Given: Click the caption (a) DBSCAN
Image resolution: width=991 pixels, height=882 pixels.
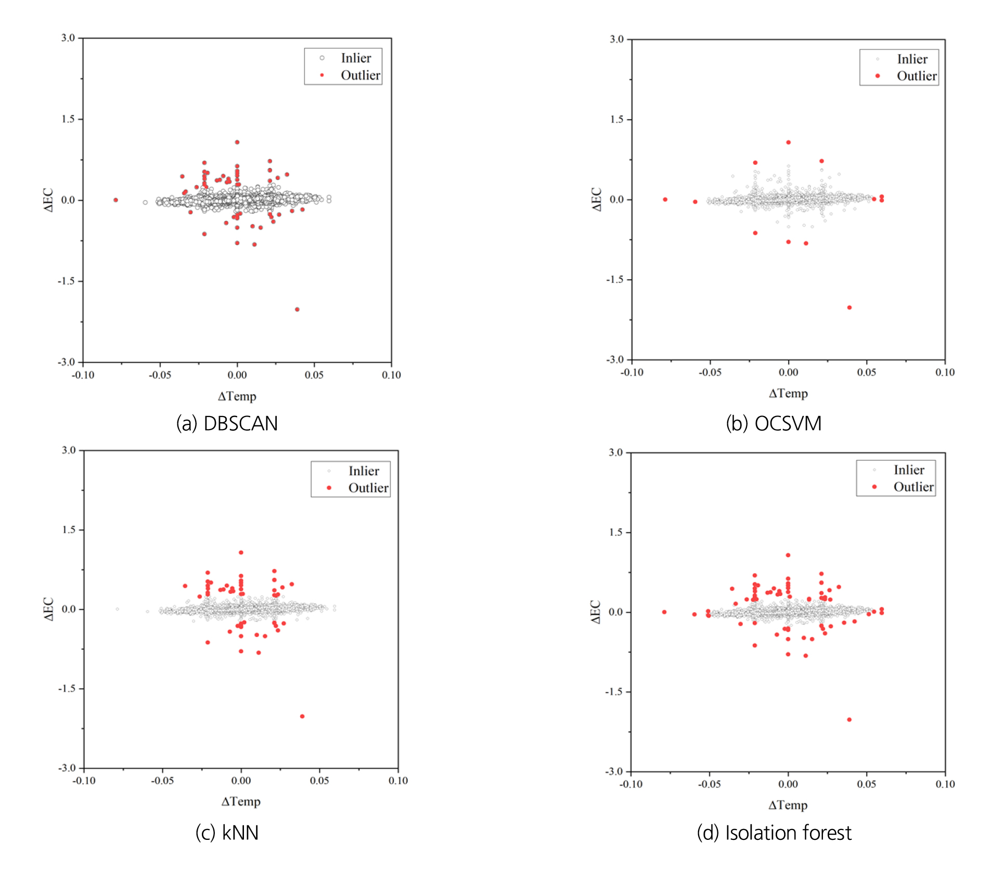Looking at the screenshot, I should (x=227, y=423).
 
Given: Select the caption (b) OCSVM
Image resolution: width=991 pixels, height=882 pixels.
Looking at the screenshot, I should (x=774, y=423).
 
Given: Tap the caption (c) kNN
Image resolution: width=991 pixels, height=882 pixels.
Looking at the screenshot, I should (x=227, y=833).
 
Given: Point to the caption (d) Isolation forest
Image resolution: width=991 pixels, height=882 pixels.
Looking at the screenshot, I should (x=774, y=833).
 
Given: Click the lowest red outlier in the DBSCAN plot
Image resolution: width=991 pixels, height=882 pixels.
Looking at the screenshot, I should (x=297, y=309).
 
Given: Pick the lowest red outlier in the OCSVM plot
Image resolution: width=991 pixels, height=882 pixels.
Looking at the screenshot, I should (x=850, y=307).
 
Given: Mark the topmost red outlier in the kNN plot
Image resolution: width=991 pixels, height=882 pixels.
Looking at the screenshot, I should (x=241, y=552).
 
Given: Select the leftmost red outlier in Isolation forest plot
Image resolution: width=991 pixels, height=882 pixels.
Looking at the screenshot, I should (x=664, y=612).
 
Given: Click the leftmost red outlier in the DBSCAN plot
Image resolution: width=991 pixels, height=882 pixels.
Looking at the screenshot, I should (x=115, y=200).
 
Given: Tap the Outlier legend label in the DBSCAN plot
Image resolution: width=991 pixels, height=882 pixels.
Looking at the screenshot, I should (x=361, y=75).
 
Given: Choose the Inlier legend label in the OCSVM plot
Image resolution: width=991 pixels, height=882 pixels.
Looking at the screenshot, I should (x=912, y=59).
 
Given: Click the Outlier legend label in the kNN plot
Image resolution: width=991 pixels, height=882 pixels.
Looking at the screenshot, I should (x=368, y=488).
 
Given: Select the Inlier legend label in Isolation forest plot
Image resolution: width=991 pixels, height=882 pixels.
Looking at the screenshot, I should (x=909, y=470).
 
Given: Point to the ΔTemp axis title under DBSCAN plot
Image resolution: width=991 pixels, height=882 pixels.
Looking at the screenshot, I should (x=237, y=396).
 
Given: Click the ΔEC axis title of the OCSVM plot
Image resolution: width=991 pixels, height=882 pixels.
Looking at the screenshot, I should (x=597, y=200).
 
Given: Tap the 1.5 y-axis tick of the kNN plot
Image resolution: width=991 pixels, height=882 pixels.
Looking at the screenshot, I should (x=69, y=529).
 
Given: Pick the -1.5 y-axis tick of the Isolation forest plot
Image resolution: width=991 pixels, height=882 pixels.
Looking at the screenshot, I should (x=614, y=692).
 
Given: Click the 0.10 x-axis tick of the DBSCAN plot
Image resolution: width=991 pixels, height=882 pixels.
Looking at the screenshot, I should (x=391, y=375).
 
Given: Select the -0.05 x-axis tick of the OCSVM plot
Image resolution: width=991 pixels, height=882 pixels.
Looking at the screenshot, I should (x=710, y=372).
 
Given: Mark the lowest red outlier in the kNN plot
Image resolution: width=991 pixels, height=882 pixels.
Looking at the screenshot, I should (x=302, y=716).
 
